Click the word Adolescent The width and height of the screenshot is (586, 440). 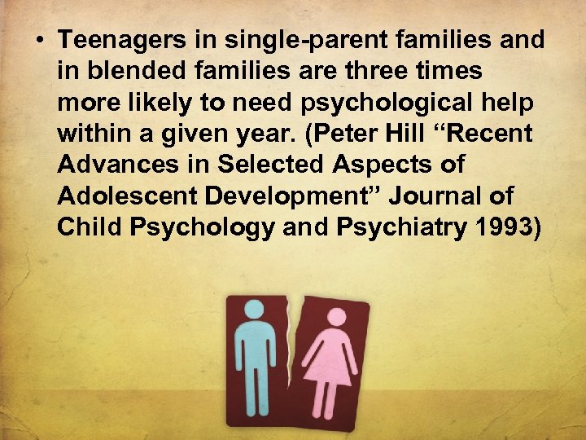pyautogui.click(x=123, y=196)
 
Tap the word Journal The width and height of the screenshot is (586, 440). pyautogui.click(x=426, y=196)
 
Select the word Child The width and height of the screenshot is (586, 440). pyautogui.click(x=85, y=227)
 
